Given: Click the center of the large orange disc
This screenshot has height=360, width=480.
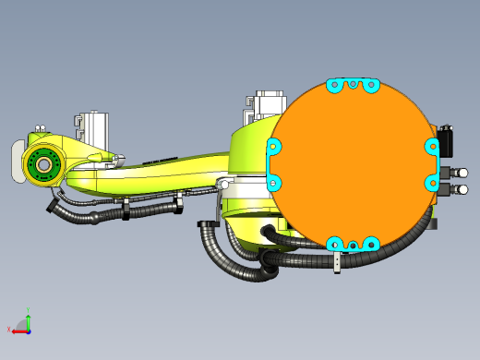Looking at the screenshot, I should pos(354,164).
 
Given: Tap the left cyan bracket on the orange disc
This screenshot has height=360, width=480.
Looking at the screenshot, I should pos(273,164).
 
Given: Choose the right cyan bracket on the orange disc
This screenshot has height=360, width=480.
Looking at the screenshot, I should pos(432,164).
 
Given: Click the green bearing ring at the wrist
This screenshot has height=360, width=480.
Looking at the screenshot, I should pos(42,164).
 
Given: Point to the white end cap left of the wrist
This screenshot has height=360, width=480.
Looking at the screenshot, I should pos(17,162).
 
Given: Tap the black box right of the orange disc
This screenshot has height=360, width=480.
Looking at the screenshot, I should pos(448,139).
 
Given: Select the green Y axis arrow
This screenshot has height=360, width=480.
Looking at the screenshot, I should pos(29,320).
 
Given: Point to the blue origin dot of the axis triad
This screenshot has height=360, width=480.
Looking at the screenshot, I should pos(29,330).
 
